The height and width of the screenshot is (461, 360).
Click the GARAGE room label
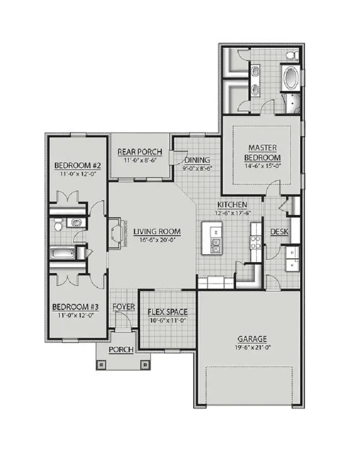point(252,338)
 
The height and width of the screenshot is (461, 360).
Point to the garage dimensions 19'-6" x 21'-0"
point(252,347)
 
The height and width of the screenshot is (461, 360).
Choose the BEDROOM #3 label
point(76,307)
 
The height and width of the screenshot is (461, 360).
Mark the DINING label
point(197,160)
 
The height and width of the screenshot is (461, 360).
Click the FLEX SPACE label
point(168,312)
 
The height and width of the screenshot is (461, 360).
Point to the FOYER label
point(123,307)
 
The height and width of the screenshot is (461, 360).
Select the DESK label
point(279,232)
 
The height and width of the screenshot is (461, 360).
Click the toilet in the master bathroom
point(290,54)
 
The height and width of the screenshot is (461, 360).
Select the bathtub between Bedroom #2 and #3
point(62,253)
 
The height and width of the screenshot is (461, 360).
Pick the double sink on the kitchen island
point(216,245)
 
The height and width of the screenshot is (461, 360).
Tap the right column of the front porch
point(145,365)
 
